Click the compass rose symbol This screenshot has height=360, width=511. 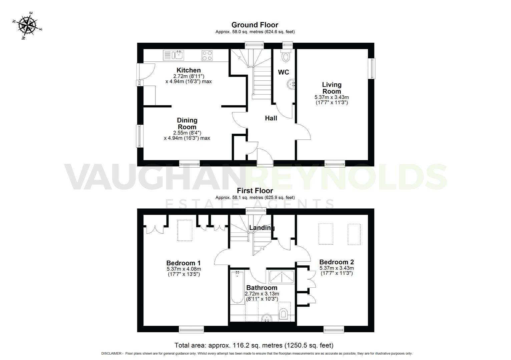(28, 26)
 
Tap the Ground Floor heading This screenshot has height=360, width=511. (254, 25)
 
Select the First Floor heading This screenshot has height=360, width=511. (255, 191)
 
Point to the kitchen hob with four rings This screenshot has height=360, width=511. (207, 55)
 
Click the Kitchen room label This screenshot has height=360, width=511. (188, 70)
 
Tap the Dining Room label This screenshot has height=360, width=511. (187, 123)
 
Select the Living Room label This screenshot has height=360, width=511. (332, 88)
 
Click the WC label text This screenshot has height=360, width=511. (284, 72)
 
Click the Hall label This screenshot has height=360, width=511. (271, 118)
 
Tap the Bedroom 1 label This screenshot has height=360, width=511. (183, 263)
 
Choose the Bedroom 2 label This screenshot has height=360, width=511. (337, 262)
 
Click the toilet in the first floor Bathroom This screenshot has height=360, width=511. (284, 313)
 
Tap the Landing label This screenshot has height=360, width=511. (262, 228)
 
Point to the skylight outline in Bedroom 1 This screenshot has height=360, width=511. (185, 230)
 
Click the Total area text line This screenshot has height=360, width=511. (254, 345)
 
